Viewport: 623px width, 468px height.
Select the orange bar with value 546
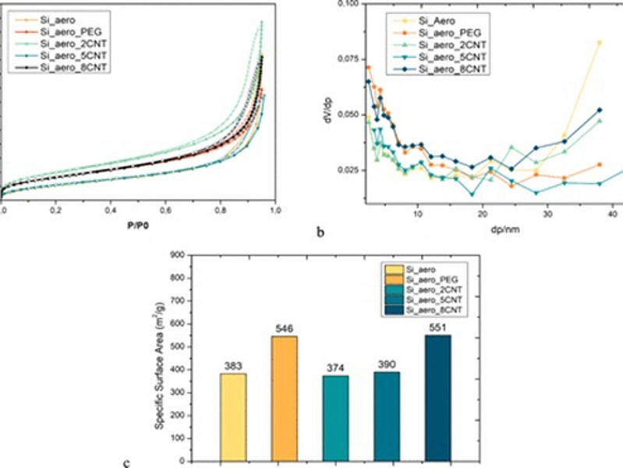[283, 398]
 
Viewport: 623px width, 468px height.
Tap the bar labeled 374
[335, 418]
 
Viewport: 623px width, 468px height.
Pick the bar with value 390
[388, 417]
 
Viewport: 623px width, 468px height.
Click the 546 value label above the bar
[283, 329]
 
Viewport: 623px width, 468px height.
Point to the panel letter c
[126, 463]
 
